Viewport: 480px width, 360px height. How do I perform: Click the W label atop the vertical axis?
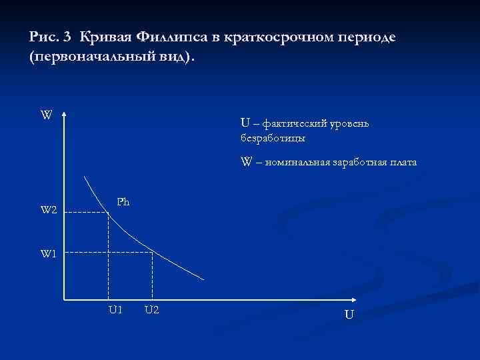(46, 115)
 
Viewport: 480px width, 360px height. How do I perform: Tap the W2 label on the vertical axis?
(49, 211)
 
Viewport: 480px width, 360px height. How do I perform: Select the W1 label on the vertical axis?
(50, 253)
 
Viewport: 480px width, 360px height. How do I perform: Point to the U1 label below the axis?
(115, 309)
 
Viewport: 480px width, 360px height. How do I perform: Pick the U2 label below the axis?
(151, 309)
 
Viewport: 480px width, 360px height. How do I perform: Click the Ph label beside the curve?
(123, 201)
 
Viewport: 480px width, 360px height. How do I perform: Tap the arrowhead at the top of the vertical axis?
(64, 114)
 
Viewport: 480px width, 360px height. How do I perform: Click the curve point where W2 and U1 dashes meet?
(109, 212)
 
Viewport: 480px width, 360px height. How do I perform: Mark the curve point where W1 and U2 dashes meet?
(153, 252)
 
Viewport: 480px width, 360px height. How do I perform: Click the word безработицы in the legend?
(273, 138)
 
